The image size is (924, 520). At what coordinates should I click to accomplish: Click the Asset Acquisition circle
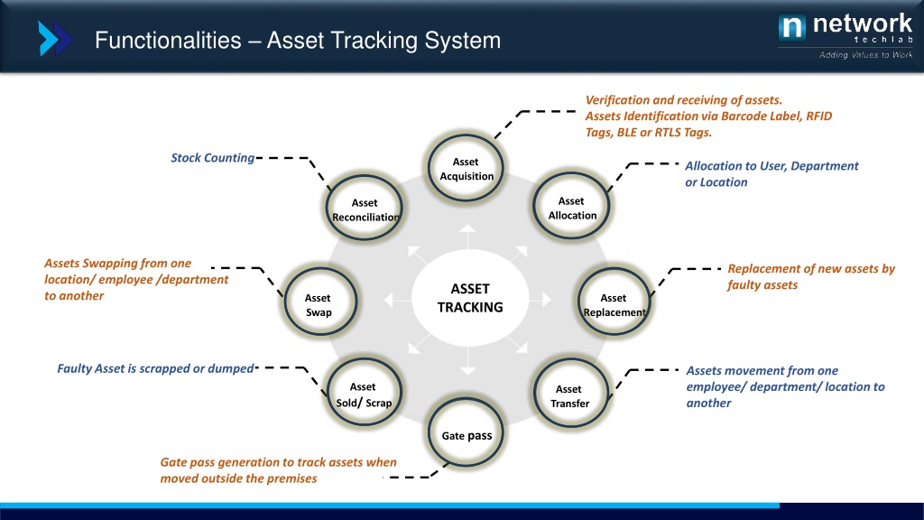pos(466,169)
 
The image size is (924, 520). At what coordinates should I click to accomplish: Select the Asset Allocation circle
pos(572,209)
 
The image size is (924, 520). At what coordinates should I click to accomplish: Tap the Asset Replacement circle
pos(614,305)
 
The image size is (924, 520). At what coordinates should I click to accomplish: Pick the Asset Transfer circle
pos(569,396)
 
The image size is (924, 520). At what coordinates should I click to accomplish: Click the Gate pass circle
pos(467,435)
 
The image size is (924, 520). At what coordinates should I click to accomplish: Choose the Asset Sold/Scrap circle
pos(364,395)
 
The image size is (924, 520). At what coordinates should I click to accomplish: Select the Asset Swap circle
pos(318,305)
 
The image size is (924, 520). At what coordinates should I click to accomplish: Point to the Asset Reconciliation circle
pos(364,210)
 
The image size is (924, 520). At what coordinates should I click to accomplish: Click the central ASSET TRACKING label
pos(469,298)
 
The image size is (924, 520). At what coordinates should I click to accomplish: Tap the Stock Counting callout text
pos(213,158)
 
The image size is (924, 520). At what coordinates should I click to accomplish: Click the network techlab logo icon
pos(791,28)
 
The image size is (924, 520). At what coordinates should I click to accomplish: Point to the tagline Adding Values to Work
pos(865,55)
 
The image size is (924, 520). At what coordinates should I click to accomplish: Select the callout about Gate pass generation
pos(278,469)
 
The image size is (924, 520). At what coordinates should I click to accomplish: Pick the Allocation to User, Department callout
pos(772,174)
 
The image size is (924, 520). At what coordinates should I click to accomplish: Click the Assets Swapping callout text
pos(136,279)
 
